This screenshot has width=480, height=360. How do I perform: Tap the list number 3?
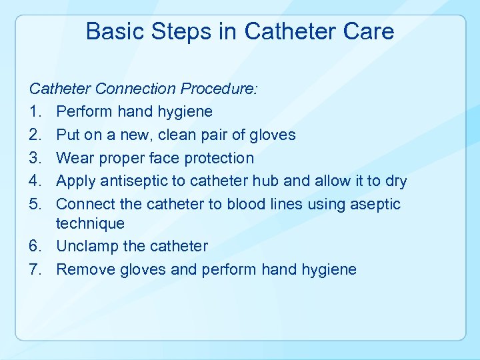[34, 159]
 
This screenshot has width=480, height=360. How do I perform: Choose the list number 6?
[34, 247]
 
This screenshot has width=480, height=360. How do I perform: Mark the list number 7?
[34, 270]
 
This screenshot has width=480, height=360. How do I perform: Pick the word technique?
[91, 224]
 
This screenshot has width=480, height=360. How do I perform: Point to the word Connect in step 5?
[85, 204]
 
